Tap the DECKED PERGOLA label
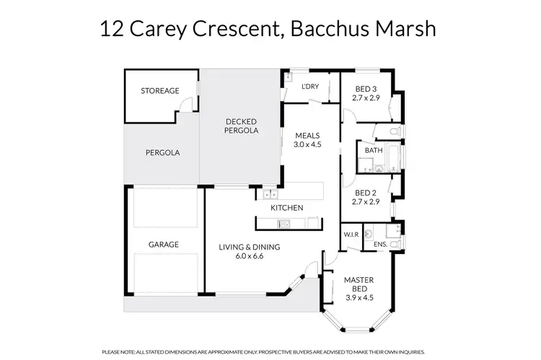[241, 126]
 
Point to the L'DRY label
[309, 87]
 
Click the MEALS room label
[307, 135]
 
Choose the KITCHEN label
[286, 208]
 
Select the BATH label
[373, 151]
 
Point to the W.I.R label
[351, 234]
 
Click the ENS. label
[380, 245]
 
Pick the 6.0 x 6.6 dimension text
[250, 256]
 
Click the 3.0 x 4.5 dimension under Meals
[307, 144]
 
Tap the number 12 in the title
[111, 30]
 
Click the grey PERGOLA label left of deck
[162, 153]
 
